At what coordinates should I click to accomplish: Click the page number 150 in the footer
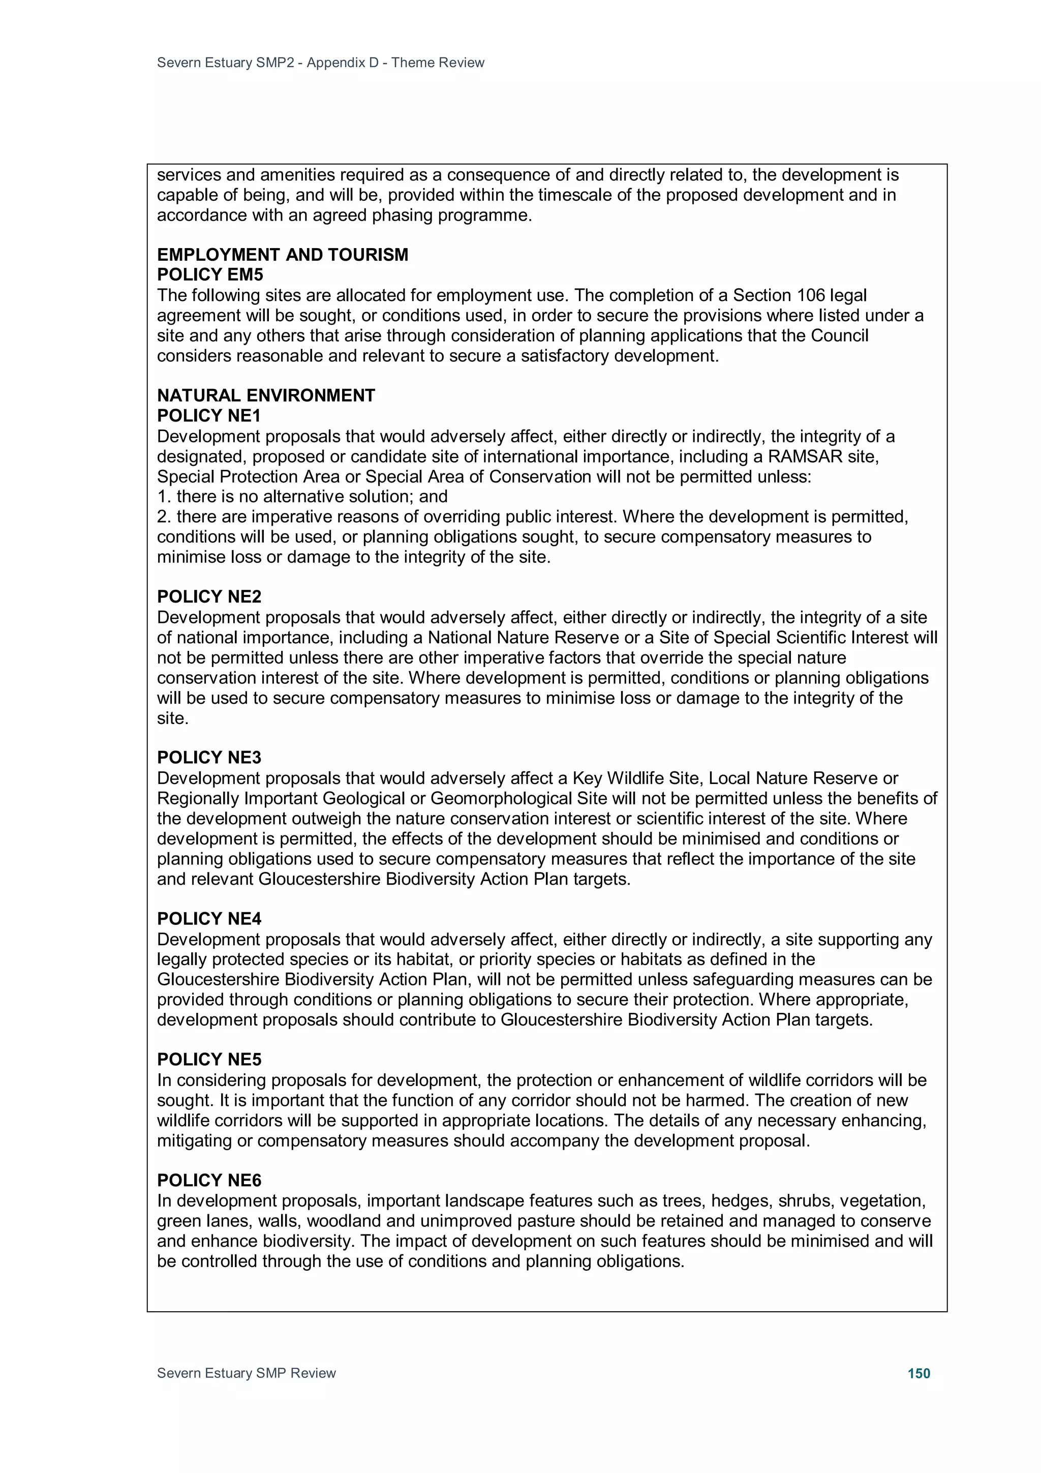coord(918,1373)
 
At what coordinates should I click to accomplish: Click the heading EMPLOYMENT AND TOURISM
coord(282,255)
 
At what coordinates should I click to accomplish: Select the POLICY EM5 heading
coord(210,275)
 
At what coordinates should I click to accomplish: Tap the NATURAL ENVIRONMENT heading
coord(265,395)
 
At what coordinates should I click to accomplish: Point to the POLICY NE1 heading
coord(209,416)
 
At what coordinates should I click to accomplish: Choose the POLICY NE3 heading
coord(209,758)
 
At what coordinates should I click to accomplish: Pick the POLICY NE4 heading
coord(209,919)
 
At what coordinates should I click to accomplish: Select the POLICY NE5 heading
coord(209,1059)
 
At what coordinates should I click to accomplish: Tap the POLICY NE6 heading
coord(209,1181)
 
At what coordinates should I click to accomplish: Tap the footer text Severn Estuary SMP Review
coord(247,1373)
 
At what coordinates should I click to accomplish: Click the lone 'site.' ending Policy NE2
coord(172,718)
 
